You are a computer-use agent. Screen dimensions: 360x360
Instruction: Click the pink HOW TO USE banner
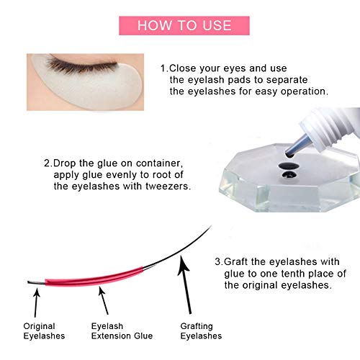pyautogui.click(x=184, y=26)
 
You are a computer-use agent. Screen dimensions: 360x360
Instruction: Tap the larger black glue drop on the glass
pyautogui.click(x=288, y=166)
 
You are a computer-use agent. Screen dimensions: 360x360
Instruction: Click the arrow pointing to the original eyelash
pyautogui.click(x=36, y=303)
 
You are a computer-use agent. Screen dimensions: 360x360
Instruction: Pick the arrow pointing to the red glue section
pyautogui.click(x=104, y=301)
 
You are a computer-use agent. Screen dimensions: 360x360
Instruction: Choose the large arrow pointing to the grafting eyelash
pyautogui.click(x=185, y=285)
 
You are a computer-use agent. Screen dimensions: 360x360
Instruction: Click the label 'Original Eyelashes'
pyautogui.click(x=44, y=331)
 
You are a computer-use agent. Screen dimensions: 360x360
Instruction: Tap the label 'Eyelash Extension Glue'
pyautogui.click(x=122, y=331)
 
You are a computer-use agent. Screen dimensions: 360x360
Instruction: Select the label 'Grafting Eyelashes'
pyautogui.click(x=201, y=331)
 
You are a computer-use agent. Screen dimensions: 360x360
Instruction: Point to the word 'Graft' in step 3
pyautogui.click(x=235, y=262)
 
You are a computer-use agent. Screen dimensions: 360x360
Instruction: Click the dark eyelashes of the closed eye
pyautogui.click(x=81, y=65)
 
